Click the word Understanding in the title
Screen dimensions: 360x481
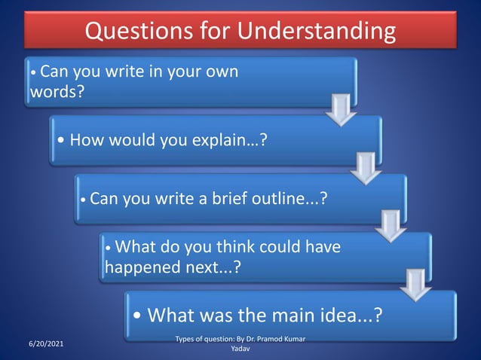pos(317,31)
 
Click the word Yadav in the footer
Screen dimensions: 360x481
pos(240,351)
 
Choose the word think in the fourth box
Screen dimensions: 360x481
pos(215,247)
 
